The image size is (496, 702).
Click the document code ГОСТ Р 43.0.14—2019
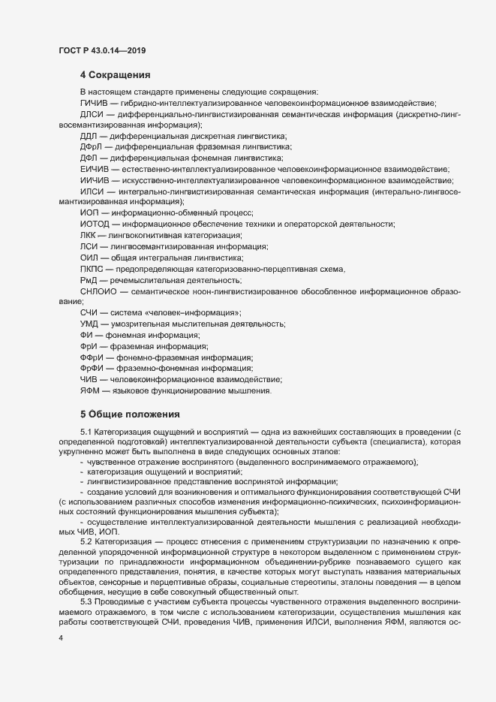101,50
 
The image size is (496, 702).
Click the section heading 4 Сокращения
116,75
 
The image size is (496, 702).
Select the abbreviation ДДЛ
89,136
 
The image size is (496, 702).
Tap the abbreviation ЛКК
89,235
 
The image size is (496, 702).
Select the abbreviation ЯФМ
90,390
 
